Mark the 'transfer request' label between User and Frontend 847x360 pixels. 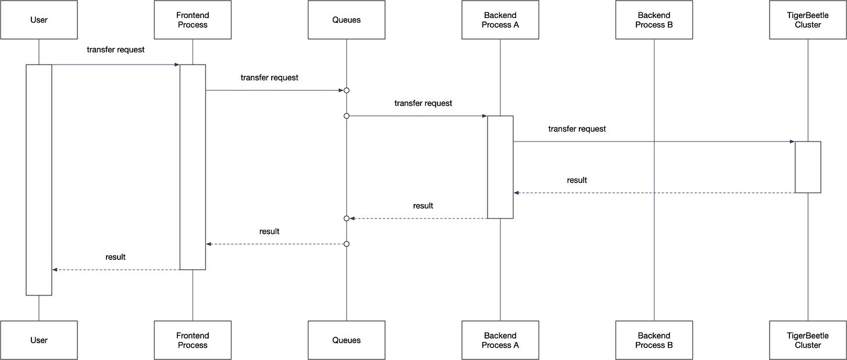tap(116, 49)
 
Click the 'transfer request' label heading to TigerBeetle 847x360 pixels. tap(577, 129)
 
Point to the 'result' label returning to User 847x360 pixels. tap(115, 257)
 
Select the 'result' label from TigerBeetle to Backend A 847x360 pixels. tap(577, 180)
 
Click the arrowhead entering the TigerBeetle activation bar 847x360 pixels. tap(792, 142)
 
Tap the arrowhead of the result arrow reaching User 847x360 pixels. tap(55, 270)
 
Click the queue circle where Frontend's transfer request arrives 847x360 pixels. tap(346, 90)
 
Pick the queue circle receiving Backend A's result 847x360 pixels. tap(346, 219)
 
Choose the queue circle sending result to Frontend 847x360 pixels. tap(346, 244)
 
